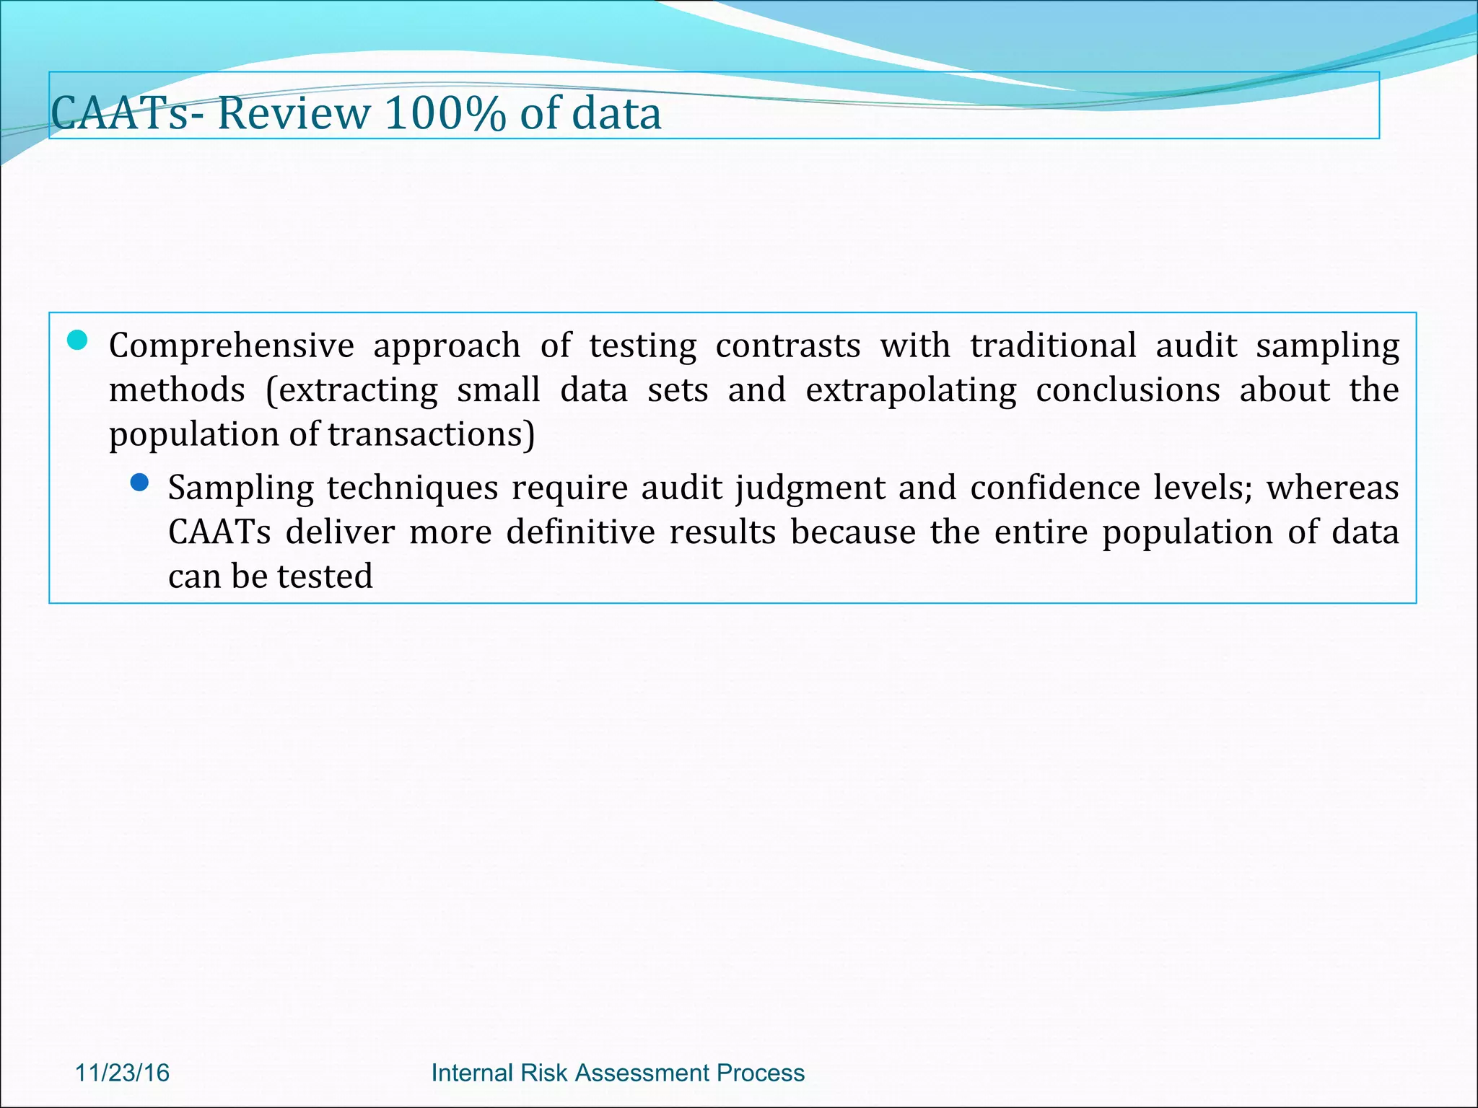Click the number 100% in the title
click(x=444, y=113)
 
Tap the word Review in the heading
click(x=293, y=113)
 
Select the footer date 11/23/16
click(x=123, y=1073)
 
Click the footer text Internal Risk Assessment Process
click(x=618, y=1073)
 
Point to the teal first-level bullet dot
click(x=77, y=340)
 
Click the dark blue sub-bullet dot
click(x=139, y=483)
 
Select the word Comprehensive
click(x=232, y=346)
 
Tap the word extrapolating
click(x=911, y=390)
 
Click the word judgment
click(x=810, y=488)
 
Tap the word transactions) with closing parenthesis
click(x=431, y=434)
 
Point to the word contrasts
click(x=788, y=346)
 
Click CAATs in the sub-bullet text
click(x=219, y=532)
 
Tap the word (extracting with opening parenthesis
click(x=351, y=390)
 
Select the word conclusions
click(x=1128, y=390)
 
